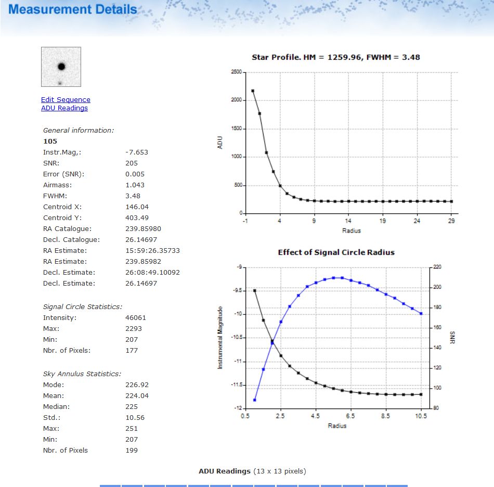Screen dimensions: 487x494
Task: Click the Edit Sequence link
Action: tap(66, 99)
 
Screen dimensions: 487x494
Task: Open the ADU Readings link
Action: tap(64, 108)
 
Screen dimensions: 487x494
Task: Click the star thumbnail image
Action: tap(61, 67)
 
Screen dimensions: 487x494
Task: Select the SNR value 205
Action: tap(132, 163)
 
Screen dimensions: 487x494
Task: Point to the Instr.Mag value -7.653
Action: tap(137, 152)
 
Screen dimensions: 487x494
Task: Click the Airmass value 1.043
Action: tap(135, 185)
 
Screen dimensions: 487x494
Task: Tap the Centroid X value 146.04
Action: tap(137, 207)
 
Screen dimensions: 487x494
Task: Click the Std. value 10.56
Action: tap(135, 418)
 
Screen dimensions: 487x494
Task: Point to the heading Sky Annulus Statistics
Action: tap(82, 374)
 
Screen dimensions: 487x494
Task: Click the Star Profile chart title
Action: tap(335, 57)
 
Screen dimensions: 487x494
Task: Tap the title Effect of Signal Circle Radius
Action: tap(336, 252)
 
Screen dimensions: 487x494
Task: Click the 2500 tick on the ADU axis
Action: tap(236, 72)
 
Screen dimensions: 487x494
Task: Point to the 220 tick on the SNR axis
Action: tap(437, 267)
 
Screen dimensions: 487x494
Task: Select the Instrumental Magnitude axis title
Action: tap(220, 338)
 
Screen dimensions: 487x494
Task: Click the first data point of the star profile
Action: tap(253, 91)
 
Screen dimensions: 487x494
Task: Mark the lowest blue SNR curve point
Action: tap(255, 400)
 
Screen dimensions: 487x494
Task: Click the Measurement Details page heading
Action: tap(73, 9)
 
